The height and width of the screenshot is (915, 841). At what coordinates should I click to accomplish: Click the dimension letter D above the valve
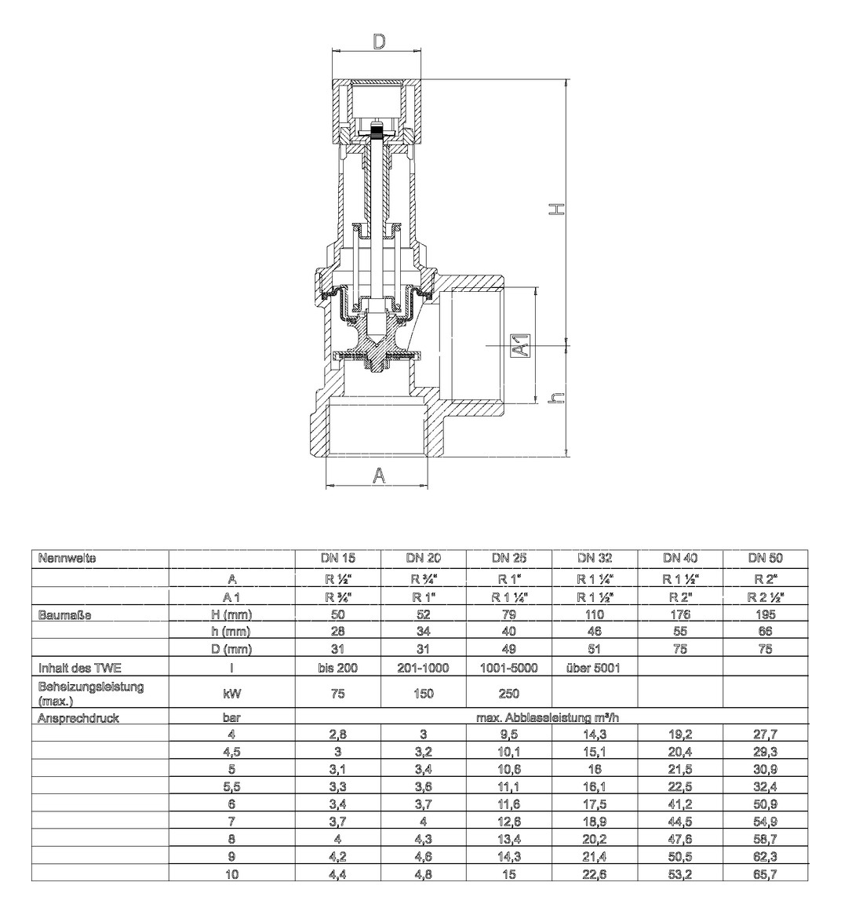click(379, 42)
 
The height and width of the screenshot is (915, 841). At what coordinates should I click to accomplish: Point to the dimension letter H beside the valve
click(555, 210)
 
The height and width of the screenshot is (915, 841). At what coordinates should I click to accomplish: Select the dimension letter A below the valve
click(380, 476)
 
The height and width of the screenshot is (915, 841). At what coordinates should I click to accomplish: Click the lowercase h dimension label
click(556, 398)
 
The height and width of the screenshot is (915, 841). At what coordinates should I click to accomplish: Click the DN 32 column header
click(595, 559)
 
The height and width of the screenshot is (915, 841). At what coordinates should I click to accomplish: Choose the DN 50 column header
click(765, 559)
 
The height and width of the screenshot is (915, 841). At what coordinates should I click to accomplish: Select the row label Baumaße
click(64, 614)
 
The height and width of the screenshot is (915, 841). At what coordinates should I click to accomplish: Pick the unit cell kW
click(232, 693)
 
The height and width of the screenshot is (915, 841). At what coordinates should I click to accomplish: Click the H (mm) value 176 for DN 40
click(680, 614)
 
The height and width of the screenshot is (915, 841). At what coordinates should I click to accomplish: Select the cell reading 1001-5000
click(509, 669)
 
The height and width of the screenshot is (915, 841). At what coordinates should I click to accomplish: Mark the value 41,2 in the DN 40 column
click(680, 804)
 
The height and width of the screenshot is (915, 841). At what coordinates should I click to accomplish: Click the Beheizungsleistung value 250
click(509, 693)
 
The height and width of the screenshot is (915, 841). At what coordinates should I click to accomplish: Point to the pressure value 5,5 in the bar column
click(232, 786)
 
